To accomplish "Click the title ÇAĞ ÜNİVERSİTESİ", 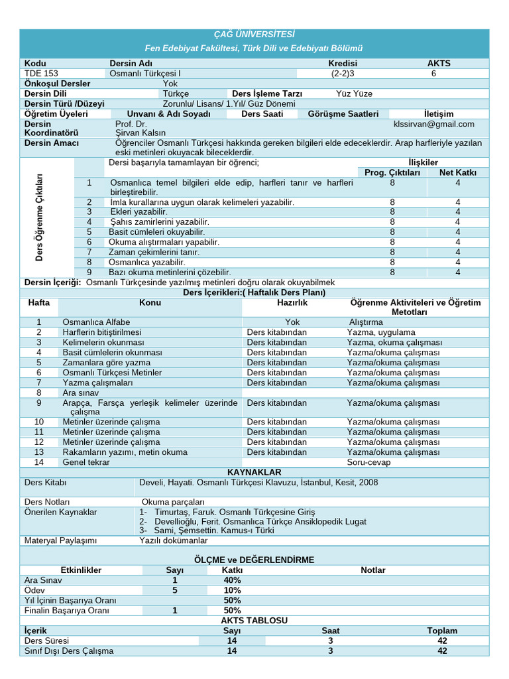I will pos(254,34).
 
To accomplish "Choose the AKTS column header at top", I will pos(438,64).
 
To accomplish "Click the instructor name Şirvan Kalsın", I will pos(141,133).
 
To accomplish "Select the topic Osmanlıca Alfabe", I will pos(96,322).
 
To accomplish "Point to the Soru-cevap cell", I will pos(368,462).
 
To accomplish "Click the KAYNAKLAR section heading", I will pos(254,472).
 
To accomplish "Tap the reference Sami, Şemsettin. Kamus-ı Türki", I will pos(206,530).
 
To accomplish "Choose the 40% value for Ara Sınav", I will pos(233,580).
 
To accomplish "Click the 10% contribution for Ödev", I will pos(233,590).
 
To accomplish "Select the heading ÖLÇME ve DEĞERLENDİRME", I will pos(254,560).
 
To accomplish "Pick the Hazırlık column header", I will pos(292,302).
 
